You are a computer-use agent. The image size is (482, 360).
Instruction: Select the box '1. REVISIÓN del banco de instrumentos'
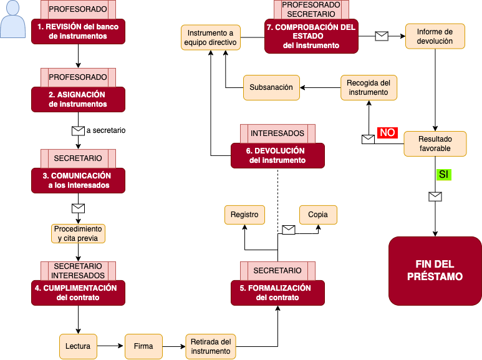pyautogui.click(x=78, y=31)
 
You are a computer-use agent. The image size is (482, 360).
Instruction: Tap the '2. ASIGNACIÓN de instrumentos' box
pyautogui.click(x=78, y=99)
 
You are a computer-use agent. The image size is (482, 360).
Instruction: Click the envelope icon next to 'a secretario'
pyautogui.click(x=78, y=131)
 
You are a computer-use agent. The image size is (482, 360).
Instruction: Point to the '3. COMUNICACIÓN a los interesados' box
pyautogui.click(x=78, y=180)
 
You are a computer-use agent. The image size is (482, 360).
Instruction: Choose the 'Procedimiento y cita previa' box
pyautogui.click(x=78, y=233)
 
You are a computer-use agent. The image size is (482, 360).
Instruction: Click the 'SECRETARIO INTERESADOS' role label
pyautogui.click(x=78, y=271)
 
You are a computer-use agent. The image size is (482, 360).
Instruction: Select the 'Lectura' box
pyautogui.click(x=78, y=346)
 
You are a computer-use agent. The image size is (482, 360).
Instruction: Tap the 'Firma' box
pyautogui.click(x=143, y=346)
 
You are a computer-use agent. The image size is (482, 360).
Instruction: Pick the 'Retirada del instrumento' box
pyautogui.click(x=211, y=346)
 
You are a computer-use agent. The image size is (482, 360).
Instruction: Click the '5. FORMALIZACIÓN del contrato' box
pyautogui.click(x=277, y=293)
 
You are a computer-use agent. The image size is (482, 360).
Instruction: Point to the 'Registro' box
pyautogui.click(x=244, y=215)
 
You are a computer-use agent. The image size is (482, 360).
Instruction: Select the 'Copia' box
pyautogui.click(x=318, y=215)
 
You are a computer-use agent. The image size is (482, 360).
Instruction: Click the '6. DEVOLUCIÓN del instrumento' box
pyautogui.click(x=277, y=155)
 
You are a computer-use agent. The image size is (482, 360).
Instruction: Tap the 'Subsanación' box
pyautogui.click(x=271, y=87)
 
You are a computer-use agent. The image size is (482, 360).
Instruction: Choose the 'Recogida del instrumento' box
pyautogui.click(x=369, y=87)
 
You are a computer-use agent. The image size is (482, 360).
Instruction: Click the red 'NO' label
pyautogui.click(x=387, y=132)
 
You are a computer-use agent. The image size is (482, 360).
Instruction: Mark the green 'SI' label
pyautogui.click(x=443, y=175)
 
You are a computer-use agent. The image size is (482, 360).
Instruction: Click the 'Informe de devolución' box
pyautogui.click(x=435, y=36)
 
